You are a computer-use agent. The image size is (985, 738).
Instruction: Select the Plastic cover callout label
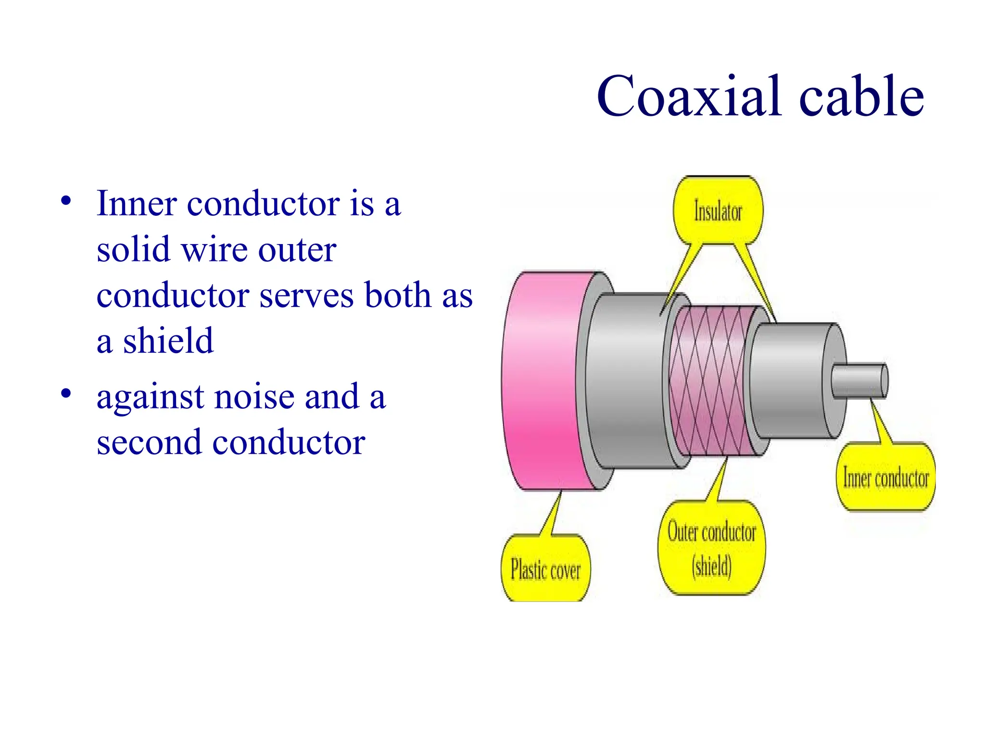click(x=545, y=570)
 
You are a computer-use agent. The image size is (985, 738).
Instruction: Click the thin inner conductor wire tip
click(x=861, y=381)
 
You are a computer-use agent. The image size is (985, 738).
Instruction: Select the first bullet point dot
click(x=66, y=201)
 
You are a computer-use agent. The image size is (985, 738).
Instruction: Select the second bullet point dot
click(x=66, y=394)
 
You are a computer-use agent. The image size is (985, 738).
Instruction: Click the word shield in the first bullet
click(x=168, y=341)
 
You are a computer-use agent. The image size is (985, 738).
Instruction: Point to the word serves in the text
click(x=308, y=295)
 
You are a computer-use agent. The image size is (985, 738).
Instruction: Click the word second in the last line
click(x=149, y=442)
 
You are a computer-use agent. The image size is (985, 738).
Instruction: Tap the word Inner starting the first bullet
click(x=137, y=203)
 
